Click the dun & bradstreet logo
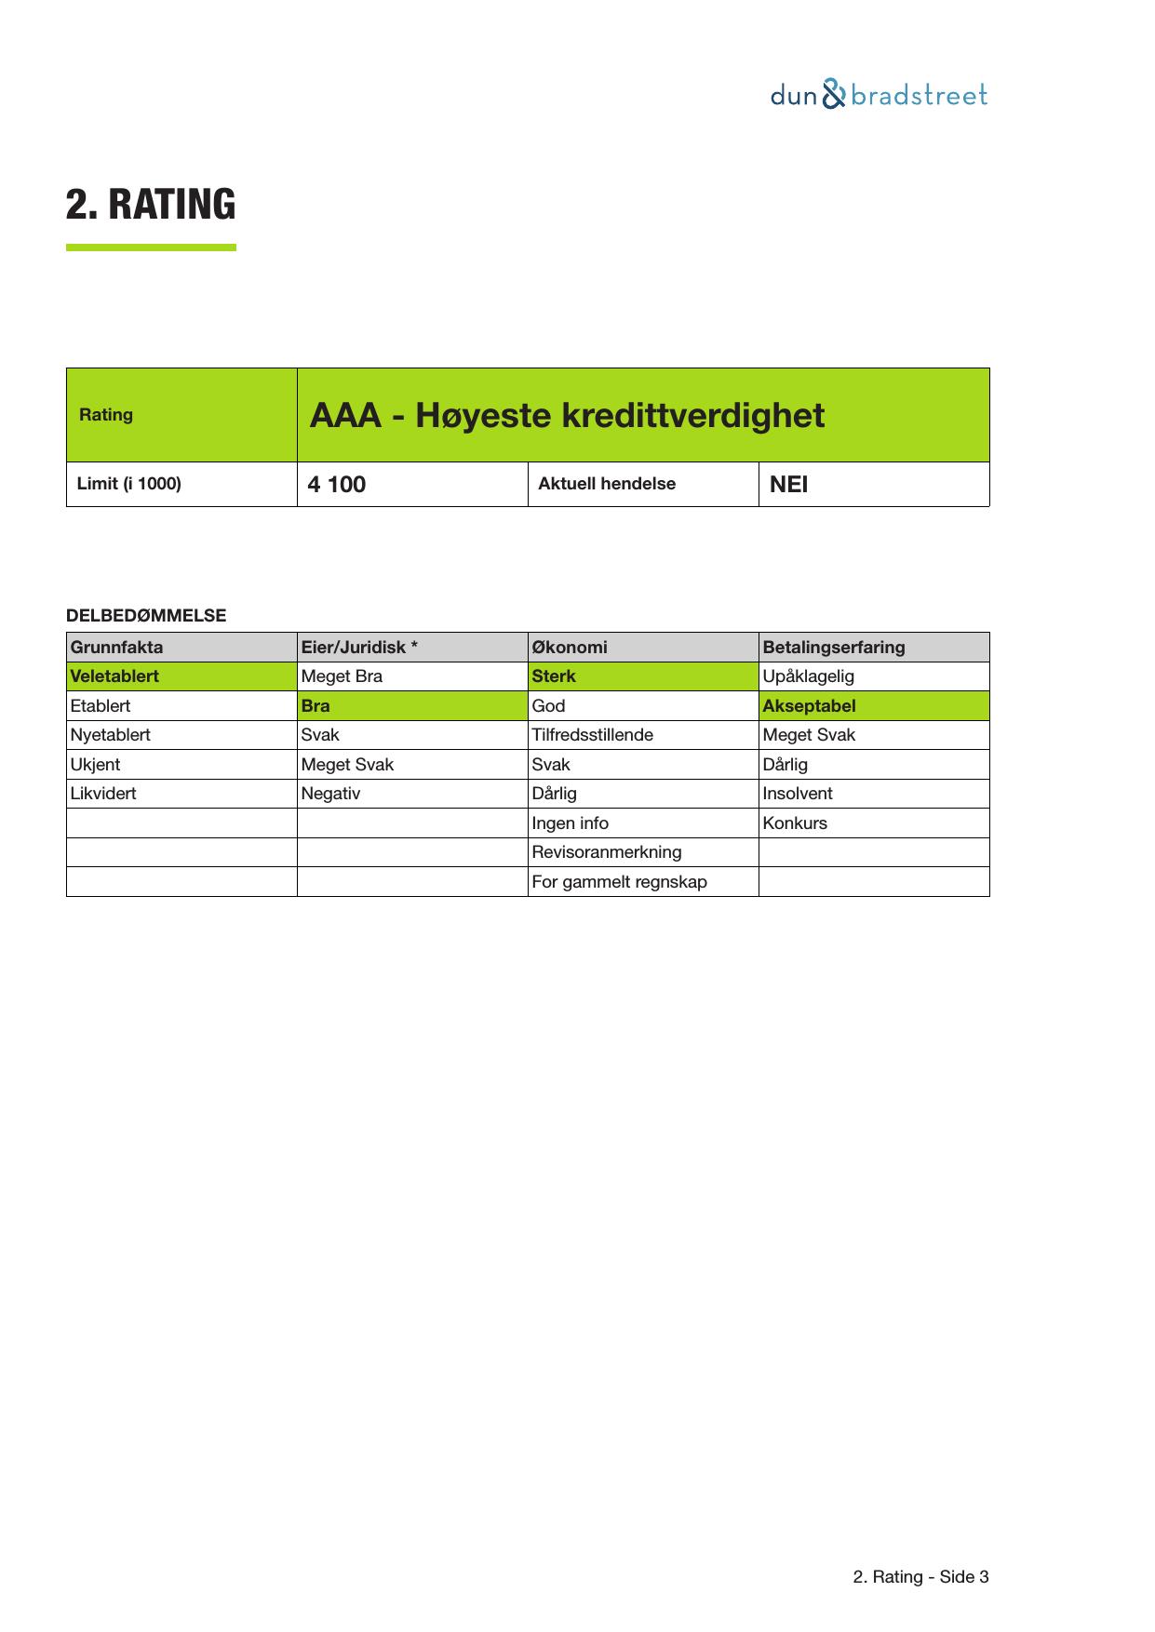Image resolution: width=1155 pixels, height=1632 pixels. pos(879,95)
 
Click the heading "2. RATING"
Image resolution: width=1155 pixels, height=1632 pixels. pos(151,205)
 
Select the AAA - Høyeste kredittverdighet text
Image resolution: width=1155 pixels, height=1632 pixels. pos(567,415)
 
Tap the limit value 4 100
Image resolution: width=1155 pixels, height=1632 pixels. pos(337,485)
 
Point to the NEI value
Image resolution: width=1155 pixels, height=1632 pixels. pos(789,485)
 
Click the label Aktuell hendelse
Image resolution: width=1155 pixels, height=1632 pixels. pos(607,484)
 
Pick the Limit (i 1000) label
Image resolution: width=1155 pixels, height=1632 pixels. pos(129,484)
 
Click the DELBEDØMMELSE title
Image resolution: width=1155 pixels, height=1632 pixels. pos(146,616)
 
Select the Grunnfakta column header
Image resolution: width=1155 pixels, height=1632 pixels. pos(116,648)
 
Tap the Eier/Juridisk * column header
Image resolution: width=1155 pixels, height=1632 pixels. pos(359,648)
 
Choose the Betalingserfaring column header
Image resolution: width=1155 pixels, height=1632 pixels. pos(834,648)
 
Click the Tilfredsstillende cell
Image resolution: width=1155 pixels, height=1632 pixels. pos(593,735)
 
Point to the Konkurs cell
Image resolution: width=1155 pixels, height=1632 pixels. pos(795,823)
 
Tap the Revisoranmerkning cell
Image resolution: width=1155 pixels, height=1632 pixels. pos(607,852)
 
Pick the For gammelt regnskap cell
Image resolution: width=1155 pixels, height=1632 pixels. pos(619,882)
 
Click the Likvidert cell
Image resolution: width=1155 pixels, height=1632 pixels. pos(103,794)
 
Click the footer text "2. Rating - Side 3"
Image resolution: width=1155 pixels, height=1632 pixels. pos(920,1577)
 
